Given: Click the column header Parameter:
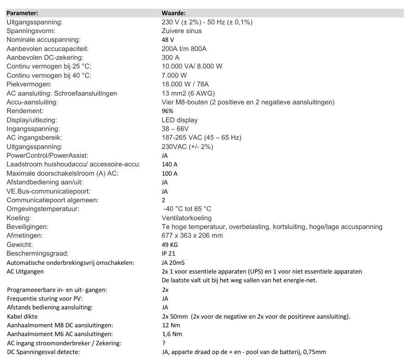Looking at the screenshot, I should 22,14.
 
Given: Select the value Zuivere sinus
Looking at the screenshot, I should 182,31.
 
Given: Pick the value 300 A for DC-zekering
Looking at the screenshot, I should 171,57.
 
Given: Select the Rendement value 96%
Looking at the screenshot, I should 167,111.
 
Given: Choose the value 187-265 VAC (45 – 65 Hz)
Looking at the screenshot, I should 201,138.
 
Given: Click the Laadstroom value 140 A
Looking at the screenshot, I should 170,165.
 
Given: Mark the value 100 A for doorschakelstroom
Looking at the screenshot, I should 170,173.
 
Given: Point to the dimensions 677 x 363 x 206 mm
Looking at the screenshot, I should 193,236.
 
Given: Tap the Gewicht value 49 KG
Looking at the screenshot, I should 170,245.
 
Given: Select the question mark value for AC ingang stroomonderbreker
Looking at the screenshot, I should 164,343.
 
